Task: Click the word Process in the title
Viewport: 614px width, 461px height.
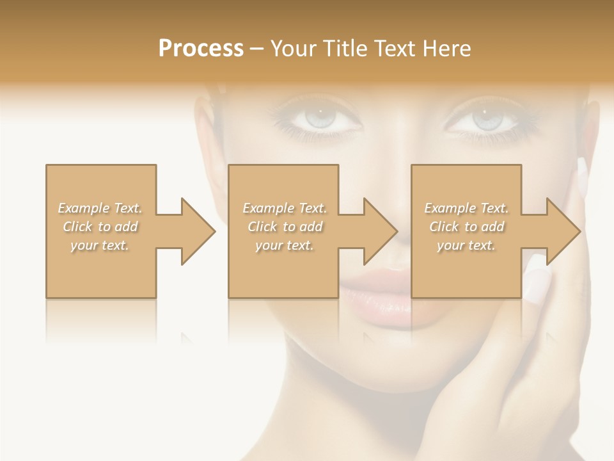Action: (201, 48)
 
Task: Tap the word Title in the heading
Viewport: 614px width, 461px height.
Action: (345, 48)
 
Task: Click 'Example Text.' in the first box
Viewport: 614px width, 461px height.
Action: (100, 207)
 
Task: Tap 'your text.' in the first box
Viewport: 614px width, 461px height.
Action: (100, 245)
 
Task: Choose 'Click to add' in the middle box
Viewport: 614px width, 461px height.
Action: (285, 227)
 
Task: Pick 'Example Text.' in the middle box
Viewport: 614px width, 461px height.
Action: (285, 207)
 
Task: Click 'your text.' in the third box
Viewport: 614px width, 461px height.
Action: (466, 245)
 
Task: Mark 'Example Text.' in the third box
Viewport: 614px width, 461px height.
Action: (466, 207)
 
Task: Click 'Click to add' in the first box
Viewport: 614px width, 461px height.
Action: (100, 227)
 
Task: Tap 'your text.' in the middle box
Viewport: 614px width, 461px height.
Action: (285, 245)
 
